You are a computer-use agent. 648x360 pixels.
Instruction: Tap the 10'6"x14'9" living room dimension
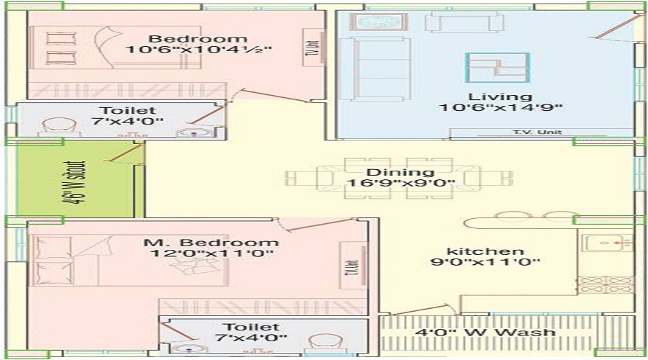coord(500,109)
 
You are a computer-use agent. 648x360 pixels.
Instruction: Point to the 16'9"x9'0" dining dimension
coord(400,184)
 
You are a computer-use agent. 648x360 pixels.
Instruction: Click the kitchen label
coord(475,251)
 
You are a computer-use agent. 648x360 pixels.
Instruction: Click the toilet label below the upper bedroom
coord(118,111)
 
